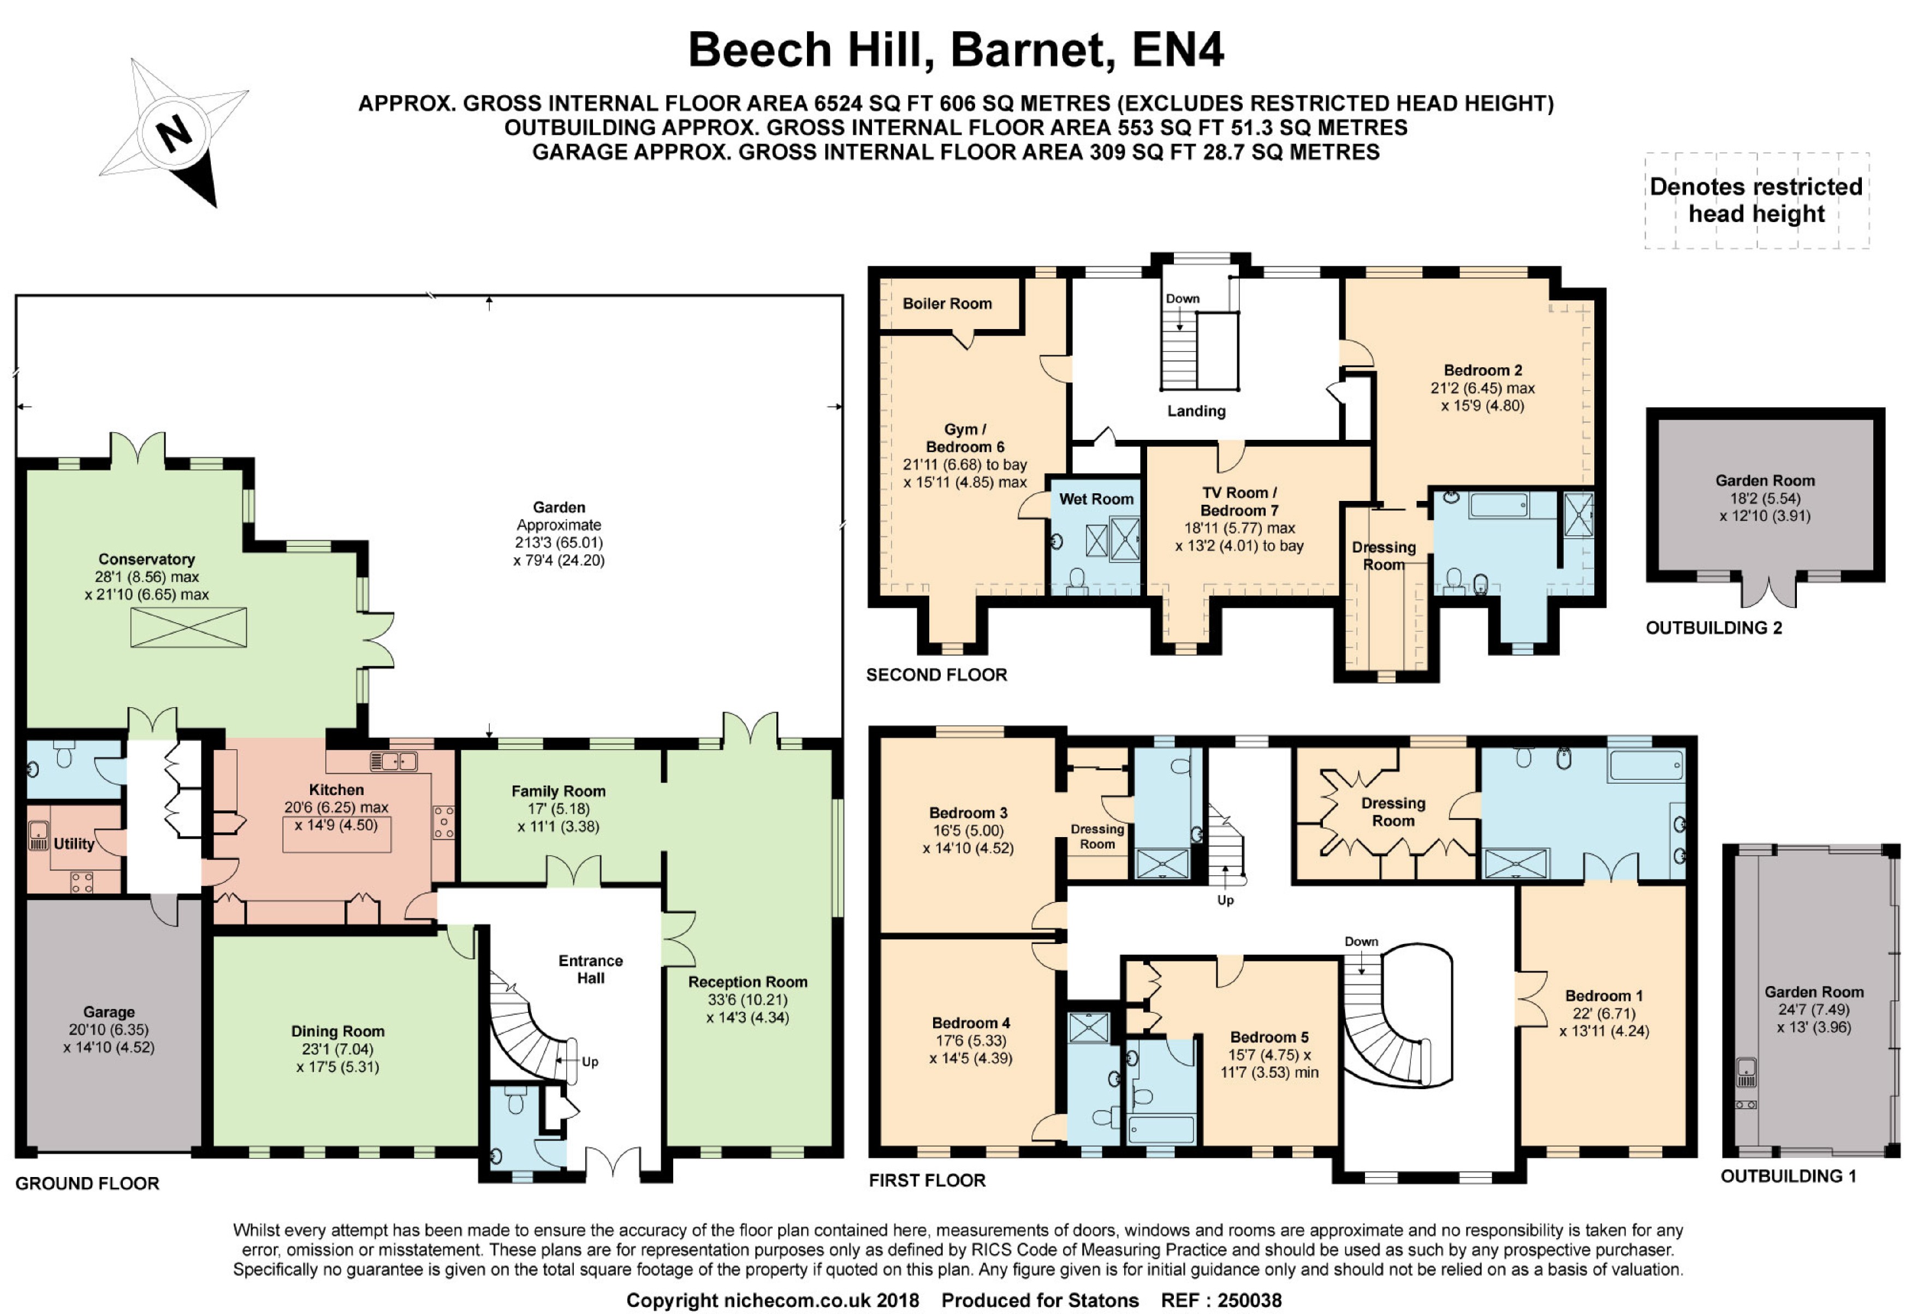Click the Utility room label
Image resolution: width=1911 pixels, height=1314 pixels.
[x=74, y=844]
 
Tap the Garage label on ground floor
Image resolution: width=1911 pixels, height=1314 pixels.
[x=108, y=1012]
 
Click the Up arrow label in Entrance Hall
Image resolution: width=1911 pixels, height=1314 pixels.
[x=589, y=1061]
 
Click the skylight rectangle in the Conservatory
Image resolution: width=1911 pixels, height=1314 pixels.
[x=188, y=628]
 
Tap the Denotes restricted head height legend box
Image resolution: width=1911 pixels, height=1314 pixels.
[x=1756, y=200]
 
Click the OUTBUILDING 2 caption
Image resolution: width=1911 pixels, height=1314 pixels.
[x=1713, y=628]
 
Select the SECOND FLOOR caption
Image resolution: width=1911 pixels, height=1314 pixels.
[x=936, y=674]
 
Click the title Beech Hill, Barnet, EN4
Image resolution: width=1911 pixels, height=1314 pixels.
[x=956, y=50]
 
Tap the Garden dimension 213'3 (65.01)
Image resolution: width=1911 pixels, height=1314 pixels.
[x=559, y=542]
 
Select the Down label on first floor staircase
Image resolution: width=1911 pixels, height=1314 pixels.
[x=1361, y=941]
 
